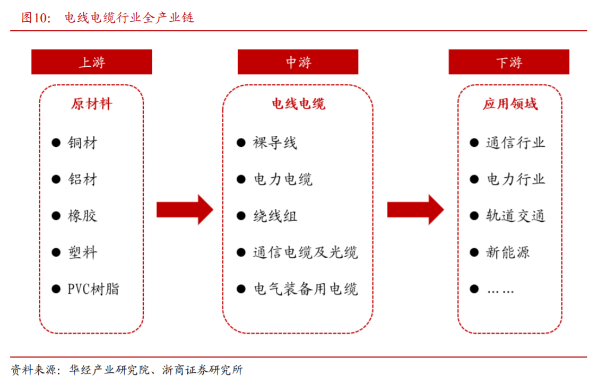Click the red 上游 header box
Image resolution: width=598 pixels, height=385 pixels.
coord(92,62)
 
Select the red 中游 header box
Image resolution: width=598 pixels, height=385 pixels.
coord(298,62)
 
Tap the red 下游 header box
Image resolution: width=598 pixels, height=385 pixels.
coord(509,62)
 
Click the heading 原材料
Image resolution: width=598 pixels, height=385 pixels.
coord(92,103)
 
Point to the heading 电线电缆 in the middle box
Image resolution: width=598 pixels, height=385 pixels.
coord(298,103)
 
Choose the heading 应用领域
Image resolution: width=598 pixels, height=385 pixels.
coord(509,103)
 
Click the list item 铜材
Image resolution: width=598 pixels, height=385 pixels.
coord(82,143)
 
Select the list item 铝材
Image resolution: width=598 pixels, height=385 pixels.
coord(82,179)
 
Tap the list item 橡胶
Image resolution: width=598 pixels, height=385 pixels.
coord(82,216)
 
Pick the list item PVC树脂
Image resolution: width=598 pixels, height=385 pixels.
coord(93,289)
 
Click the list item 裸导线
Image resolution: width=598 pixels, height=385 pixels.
coord(274,143)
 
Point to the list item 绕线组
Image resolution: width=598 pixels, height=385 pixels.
coord(274,216)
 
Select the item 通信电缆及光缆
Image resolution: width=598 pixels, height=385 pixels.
coord(305,252)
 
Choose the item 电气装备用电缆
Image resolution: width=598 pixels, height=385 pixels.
coord(305,289)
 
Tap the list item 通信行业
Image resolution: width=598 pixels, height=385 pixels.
coord(515,143)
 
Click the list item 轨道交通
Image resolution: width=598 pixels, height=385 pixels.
coord(515,216)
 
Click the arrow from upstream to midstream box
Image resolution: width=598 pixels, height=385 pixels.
coord(184,209)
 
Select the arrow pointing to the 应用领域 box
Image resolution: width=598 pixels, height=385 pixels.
coord(415,209)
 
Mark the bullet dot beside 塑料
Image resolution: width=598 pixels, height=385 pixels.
coord(56,252)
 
